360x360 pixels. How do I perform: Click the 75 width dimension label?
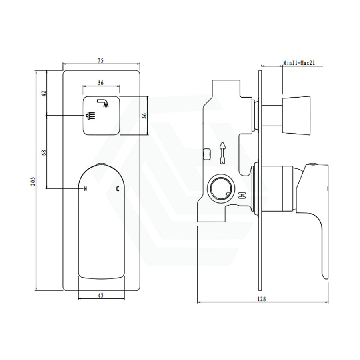pyautogui.click(x=101, y=61)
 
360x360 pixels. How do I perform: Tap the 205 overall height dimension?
pyautogui.click(x=34, y=181)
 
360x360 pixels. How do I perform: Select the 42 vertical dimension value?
pyautogui.click(x=44, y=94)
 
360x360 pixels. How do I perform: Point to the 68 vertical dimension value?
pyautogui.click(x=44, y=152)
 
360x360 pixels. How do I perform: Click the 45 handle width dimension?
pyautogui.click(x=101, y=295)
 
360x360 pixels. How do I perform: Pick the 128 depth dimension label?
pyautogui.click(x=262, y=299)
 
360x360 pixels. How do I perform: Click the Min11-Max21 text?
pyautogui.click(x=299, y=63)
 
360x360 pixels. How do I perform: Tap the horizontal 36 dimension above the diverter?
pyautogui.click(x=101, y=83)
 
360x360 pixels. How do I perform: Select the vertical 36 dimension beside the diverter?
pyautogui.click(x=144, y=116)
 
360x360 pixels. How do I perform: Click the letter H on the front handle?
pyautogui.click(x=85, y=189)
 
